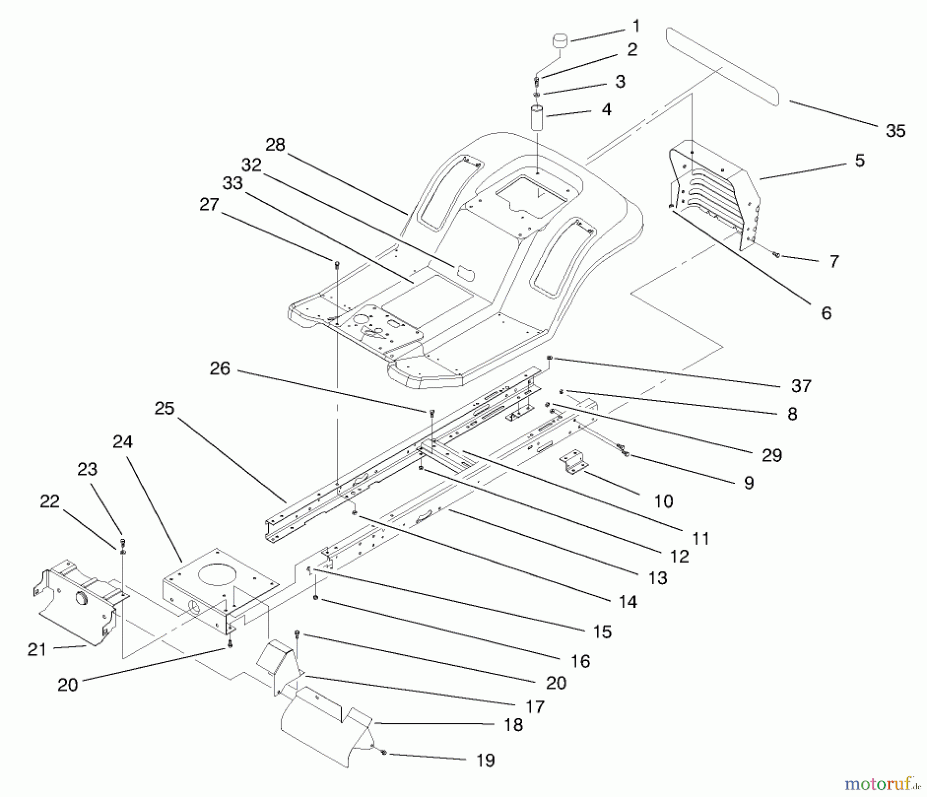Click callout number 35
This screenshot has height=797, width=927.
coord(895,131)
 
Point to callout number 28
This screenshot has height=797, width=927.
coord(275,145)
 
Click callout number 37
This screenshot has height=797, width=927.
coord(801,385)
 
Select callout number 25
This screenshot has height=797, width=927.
coord(165,409)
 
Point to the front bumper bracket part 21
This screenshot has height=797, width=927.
coord(80,600)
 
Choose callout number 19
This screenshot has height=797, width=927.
coord(486,760)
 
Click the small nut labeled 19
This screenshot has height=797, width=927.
coord(384,753)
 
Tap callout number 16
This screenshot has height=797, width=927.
coord(580,661)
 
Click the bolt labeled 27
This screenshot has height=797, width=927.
coord(337,265)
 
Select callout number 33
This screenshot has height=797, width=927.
coord(233,183)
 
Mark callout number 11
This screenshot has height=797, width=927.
coord(700,539)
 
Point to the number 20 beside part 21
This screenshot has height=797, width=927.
coord(67,685)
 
